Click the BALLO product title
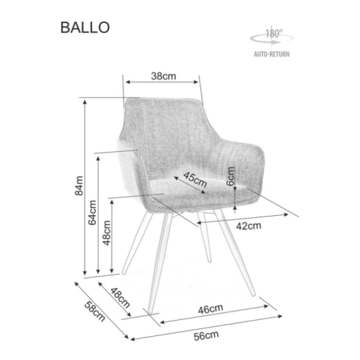pos(85,27)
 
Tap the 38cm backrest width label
pos(163,76)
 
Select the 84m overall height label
pos(79,186)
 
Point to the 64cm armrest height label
pos(92,212)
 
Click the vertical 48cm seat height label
pos(107,233)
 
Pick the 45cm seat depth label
pos(195,179)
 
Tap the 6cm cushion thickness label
pos(231,176)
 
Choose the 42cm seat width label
pos(248,226)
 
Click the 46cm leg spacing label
pos(210,309)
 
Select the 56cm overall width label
pos(206,335)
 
